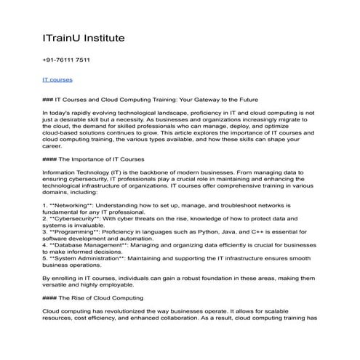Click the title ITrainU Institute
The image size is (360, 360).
point(84,37)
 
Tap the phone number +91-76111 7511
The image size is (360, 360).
point(67,60)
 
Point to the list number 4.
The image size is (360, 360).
point(45,247)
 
